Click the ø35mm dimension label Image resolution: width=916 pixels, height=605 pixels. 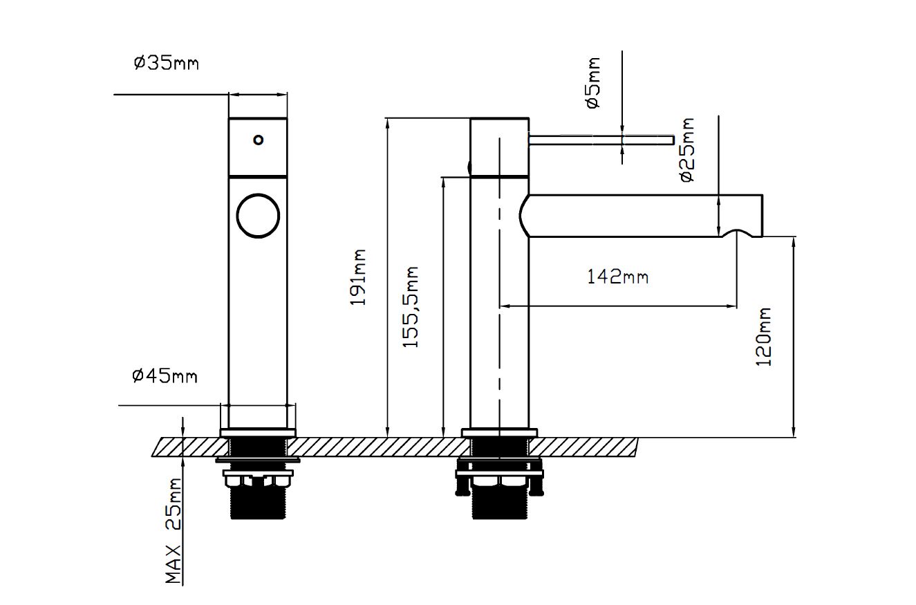[166, 63]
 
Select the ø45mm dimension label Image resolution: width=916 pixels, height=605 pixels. [165, 376]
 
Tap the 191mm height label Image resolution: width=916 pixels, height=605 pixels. [358, 277]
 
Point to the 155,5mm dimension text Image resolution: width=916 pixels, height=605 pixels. [411, 306]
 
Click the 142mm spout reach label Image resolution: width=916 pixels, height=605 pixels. [617, 277]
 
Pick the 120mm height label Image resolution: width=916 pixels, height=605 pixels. [763, 337]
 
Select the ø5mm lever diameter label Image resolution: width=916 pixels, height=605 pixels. [593, 83]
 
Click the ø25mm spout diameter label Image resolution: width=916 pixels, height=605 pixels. [687, 150]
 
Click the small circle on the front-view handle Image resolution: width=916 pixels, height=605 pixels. [258, 140]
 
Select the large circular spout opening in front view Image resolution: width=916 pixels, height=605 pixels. [258, 215]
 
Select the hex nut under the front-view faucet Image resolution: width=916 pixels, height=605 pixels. [257, 478]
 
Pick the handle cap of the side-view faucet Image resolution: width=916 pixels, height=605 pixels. [499, 145]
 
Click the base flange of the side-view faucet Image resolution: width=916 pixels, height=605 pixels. [499, 434]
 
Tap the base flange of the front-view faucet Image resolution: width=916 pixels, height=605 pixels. [258, 434]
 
